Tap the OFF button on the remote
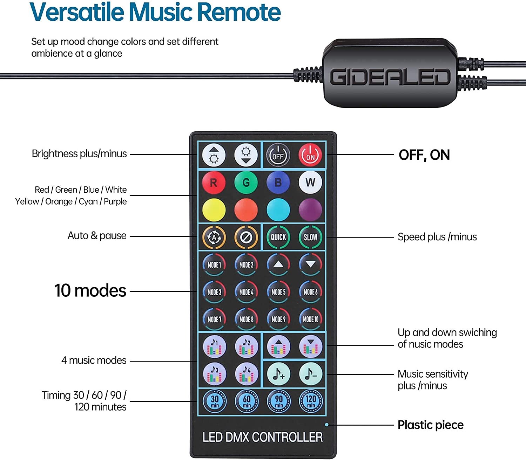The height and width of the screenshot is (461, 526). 278,155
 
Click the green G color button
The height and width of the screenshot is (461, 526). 246,182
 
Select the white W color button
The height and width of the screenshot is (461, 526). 310,182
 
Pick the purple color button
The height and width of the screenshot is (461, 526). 310,210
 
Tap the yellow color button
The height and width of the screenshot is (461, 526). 214,210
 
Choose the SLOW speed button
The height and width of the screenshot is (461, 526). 310,237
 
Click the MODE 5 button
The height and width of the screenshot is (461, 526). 278,292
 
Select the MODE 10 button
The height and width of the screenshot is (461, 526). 310,319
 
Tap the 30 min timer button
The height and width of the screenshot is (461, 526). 215,401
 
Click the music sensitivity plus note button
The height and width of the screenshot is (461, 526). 278,374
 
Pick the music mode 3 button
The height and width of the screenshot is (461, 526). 215,374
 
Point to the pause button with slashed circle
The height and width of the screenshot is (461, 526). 246,237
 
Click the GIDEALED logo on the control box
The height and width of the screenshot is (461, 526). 390,77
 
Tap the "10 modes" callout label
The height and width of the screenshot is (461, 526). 90,291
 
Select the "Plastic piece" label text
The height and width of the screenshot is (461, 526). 430,425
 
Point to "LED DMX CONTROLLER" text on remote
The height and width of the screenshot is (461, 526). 263,437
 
